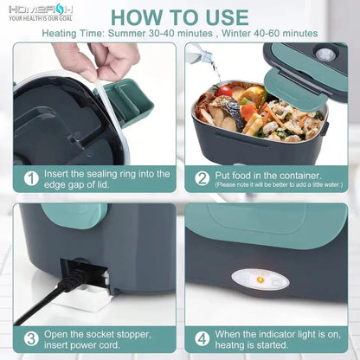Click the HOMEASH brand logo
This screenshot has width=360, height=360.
41,10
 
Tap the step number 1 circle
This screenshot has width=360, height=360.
31,177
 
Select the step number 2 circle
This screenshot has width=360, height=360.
202,177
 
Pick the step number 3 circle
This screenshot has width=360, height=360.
31,338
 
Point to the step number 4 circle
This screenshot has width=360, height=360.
202,338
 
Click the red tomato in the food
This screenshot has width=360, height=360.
225,91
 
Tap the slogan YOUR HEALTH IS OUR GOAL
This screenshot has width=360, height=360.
40,19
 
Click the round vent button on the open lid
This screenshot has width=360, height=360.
326,54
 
